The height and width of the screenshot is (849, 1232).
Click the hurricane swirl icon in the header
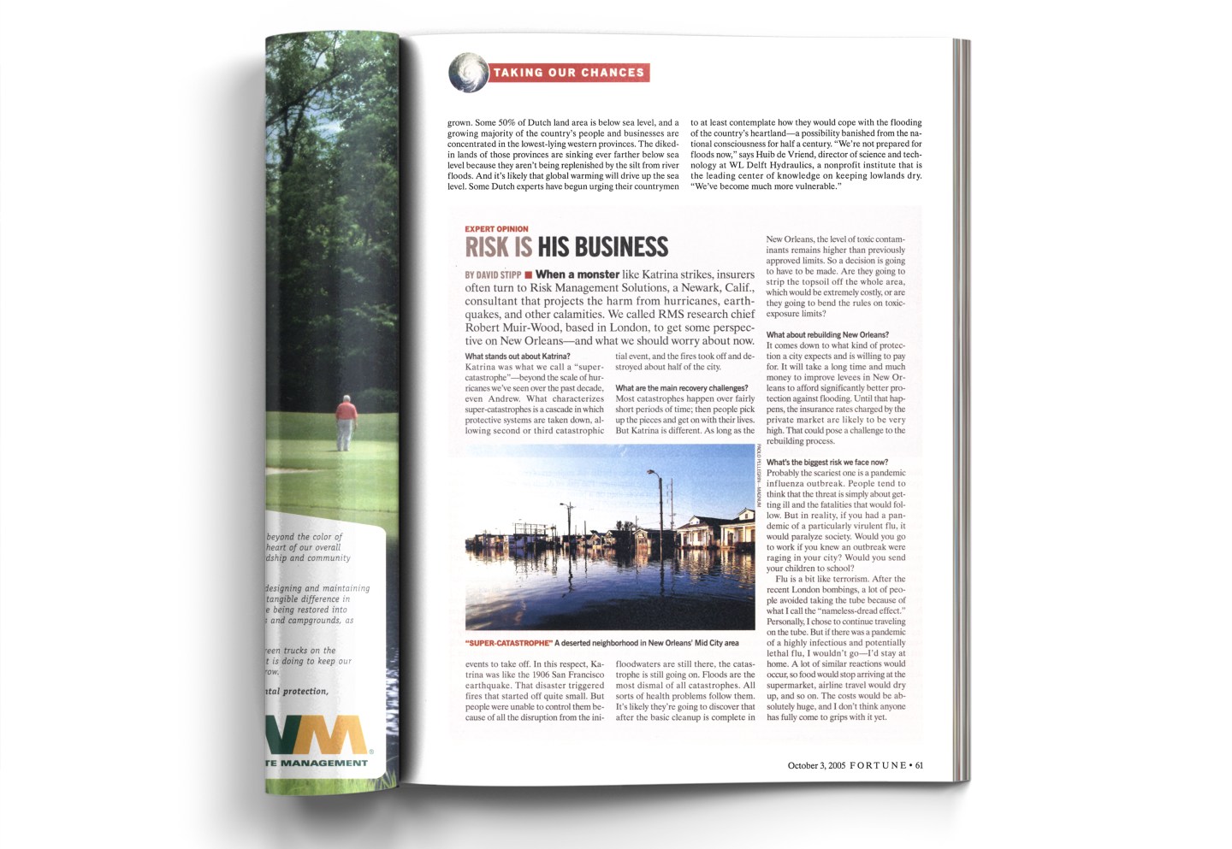[468, 73]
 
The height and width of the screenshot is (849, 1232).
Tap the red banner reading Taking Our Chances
[569, 73]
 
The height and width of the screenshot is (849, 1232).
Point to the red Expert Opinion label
[496, 229]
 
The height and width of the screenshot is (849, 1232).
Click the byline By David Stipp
[493, 275]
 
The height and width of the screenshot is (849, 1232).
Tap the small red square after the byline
[529, 275]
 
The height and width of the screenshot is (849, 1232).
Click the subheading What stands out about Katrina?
[518, 357]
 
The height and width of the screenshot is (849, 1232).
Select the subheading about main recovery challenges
[681, 388]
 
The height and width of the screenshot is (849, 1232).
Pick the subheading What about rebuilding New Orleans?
[827, 335]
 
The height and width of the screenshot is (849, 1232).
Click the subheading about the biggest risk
[827, 463]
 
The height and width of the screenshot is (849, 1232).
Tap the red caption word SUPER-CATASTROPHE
[509, 643]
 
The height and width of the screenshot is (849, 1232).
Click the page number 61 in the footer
[919, 765]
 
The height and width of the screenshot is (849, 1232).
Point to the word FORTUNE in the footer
[878, 765]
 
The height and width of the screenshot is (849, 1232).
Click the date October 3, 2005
[816, 765]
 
